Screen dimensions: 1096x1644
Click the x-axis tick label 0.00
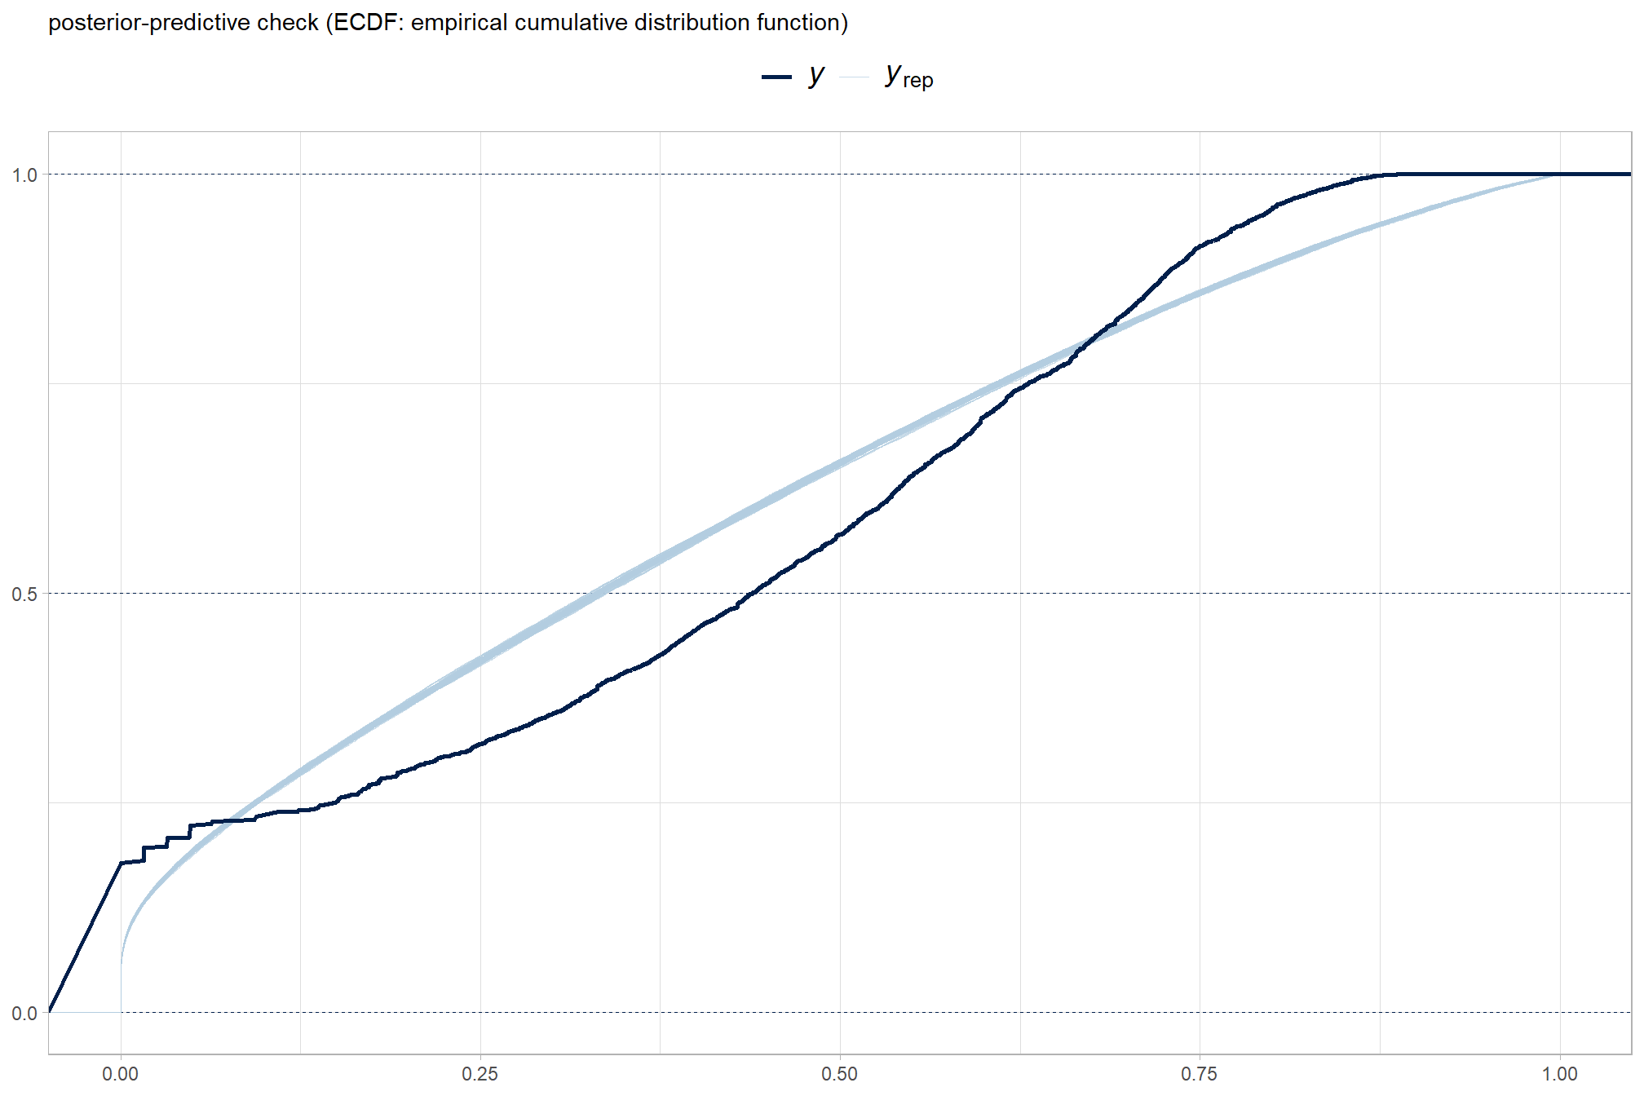[x=120, y=1073]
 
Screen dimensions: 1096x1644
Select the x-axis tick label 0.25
[x=479, y=1073]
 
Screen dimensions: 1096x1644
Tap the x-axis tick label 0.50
[x=839, y=1073]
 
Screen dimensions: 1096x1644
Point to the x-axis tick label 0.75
[x=1199, y=1073]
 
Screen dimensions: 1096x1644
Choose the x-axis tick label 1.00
[x=1559, y=1073]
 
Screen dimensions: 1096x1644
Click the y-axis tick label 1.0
[x=24, y=175]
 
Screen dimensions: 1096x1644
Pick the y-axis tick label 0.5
[x=24, y=594]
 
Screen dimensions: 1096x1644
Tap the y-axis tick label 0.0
[x=24, y=1013]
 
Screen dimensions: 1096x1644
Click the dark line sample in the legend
[x=776, y=77]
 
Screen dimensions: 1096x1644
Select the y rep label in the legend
[x=908, y=77]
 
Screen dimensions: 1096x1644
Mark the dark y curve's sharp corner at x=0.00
[x=121, y=863]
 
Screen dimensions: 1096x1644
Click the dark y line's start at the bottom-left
[x=50, y=1011]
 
